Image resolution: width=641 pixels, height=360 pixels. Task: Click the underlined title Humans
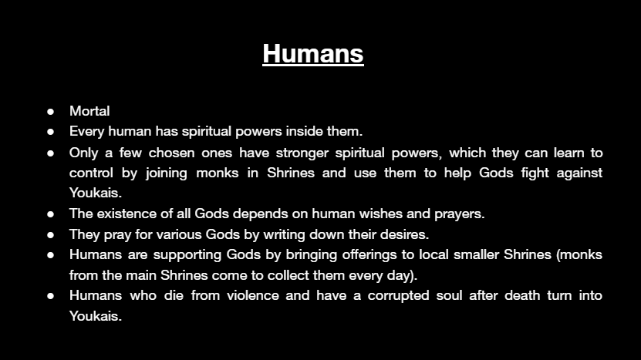click(313, 53)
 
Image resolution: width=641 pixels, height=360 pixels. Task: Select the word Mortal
click(89, 111)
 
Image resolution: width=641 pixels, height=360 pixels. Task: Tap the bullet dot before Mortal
click(51, 112)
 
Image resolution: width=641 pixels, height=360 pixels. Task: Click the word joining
click(167, 173)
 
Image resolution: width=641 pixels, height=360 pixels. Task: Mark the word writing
click(284, 235)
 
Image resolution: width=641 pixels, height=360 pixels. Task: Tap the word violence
click(253, 295)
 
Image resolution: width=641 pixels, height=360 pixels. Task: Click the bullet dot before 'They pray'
click(51, 235)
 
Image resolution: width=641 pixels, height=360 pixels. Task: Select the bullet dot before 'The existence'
click(51, 214)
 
